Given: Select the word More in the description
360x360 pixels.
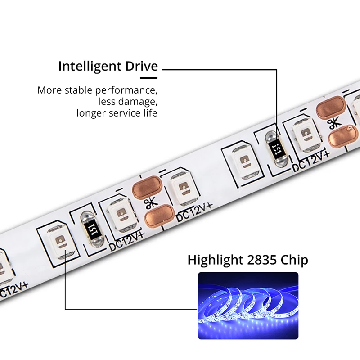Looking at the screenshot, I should pyautogui.click(x=49, y=90).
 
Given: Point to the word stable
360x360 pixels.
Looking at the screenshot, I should pyautogui.click(x=80, y=90).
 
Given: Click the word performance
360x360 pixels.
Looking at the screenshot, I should pyautogui.click(x=127, y=90).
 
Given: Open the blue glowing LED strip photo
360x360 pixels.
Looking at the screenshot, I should pyautogui.click(x=248, y=306).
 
